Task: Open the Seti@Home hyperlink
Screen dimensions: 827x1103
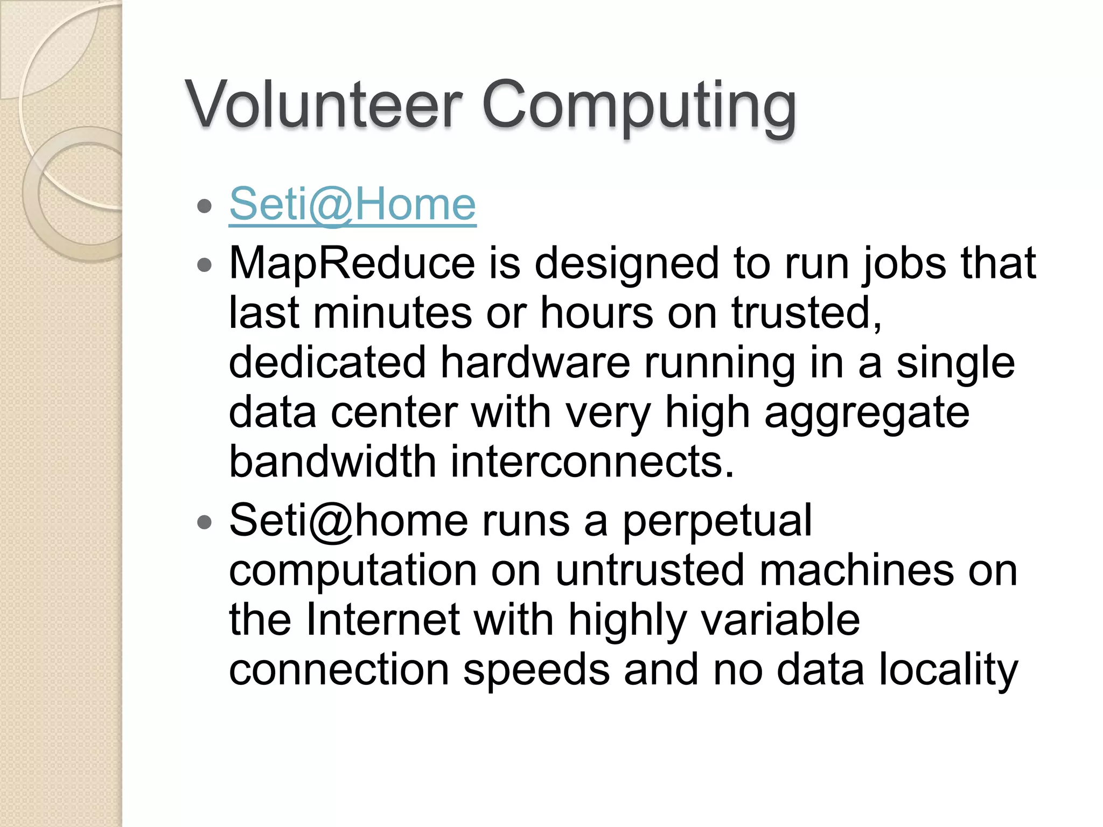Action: [x=352, y=205]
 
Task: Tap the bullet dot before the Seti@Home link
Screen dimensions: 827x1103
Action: [x=204, y=206]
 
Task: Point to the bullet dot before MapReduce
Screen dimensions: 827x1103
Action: [x=204, y=265]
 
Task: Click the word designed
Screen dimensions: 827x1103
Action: [x=626, y=263]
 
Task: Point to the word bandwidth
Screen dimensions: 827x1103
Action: [x=332, y=462]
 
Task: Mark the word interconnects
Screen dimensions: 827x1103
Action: [x=592, y=462]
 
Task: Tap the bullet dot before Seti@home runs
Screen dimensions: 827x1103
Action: [x=204, y=522]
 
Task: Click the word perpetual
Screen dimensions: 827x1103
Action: [x=717, y=521]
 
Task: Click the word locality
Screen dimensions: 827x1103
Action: [x=948, y=670]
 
